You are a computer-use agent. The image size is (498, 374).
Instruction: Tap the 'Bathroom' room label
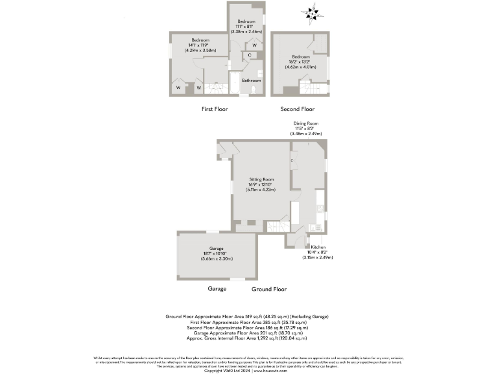251,81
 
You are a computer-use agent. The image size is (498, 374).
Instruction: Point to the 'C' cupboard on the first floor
250,56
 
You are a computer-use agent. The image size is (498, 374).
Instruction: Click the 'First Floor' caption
215,109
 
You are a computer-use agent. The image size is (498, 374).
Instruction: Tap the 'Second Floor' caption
298,109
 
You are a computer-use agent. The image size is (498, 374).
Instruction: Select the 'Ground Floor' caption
269,289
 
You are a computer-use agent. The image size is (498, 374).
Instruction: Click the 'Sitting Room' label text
263,179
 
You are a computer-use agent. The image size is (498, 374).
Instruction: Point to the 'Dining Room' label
305,123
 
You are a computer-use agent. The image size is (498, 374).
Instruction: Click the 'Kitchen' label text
318,247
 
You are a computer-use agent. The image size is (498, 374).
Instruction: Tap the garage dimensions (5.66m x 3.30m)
217,260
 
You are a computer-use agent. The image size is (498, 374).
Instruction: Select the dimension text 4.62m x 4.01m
300,66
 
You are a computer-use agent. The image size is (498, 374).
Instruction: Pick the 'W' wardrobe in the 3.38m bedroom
254,45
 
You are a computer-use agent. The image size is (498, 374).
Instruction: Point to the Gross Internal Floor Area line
246,338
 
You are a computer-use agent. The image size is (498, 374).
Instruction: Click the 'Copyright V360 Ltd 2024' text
224,370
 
